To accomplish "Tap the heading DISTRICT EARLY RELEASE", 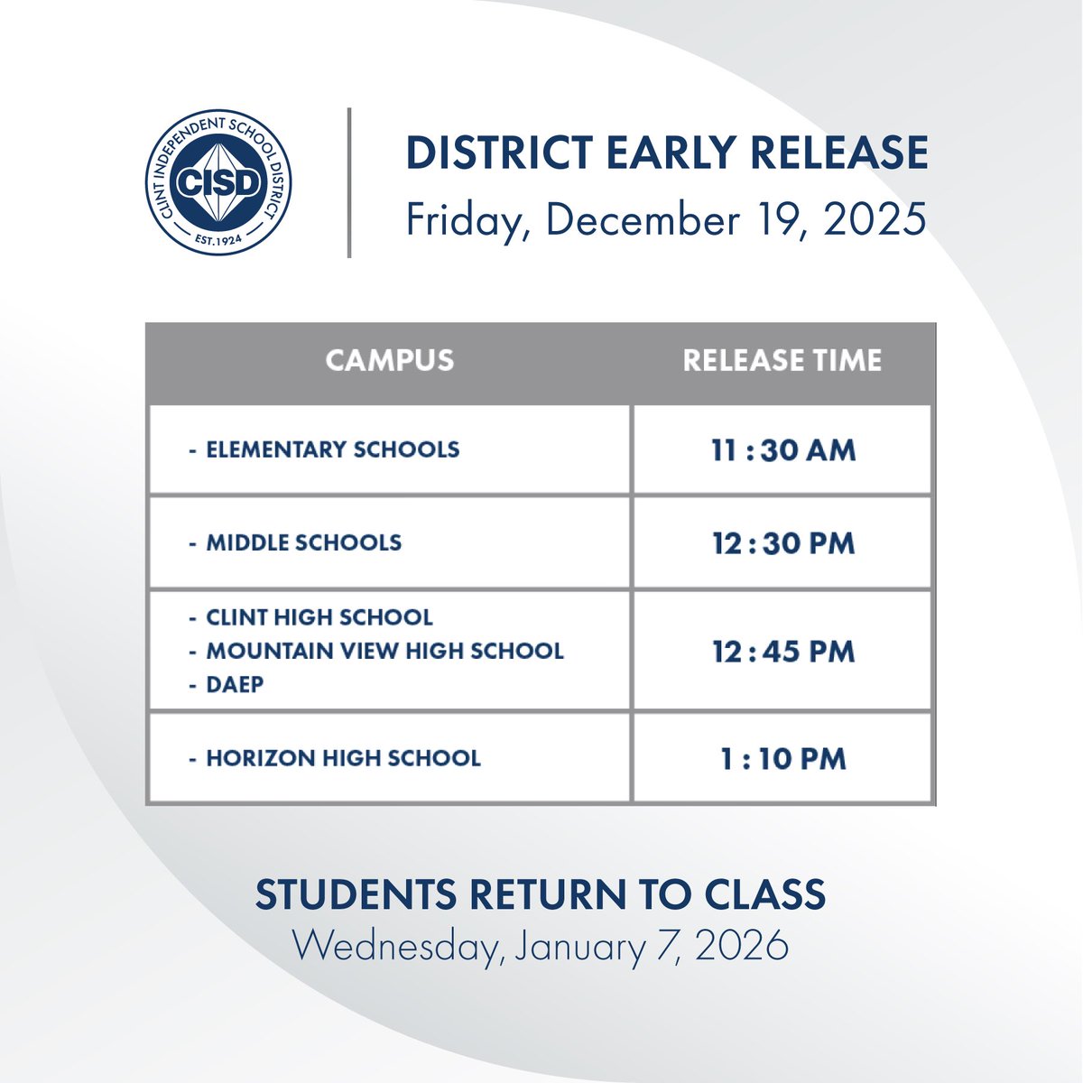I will pyautogui.click(x=667, y=152).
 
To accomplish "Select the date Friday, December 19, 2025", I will pyautogui.click(x=666, y=219).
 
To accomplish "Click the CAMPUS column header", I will pyautogui.click(x=390, y=361).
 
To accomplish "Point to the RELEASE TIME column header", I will pyautogui.click(x=782, y=361).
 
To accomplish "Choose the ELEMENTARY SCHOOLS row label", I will pyautogui.click(x=332, y=449).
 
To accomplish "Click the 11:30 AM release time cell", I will pyautogui.click(x=782, y=450).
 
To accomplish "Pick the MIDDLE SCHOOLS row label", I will pyautogui.click(x=303, y=542).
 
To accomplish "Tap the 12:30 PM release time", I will pyautogui.click(x=782, y=543).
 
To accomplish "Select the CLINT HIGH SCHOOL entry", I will pyautogui.click(x=319, y=617).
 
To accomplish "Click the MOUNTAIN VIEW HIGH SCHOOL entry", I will pyautogui.click(x=384, y=651).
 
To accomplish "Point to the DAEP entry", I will pyautogui.click(x=235, y=684).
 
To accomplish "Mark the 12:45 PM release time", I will pyautogui.click(x=782, y=652).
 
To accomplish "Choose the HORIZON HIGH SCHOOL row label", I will pyautogui.click(x=343, y=758).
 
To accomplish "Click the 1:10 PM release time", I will pyautogui.click(x=782, y=759).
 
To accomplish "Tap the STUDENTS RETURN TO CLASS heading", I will pyautogui.click(x=541, y=894).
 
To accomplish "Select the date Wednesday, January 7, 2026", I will pyautogui.click(x=541, y=946).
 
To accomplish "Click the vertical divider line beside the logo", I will pyautogui.click(x=349, y=182).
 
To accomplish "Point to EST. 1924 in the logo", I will pyautogui.click(x=219, y=240).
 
